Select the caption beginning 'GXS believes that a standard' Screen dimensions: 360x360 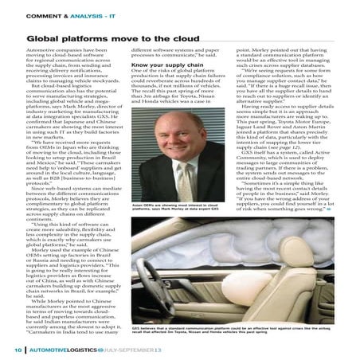215,330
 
